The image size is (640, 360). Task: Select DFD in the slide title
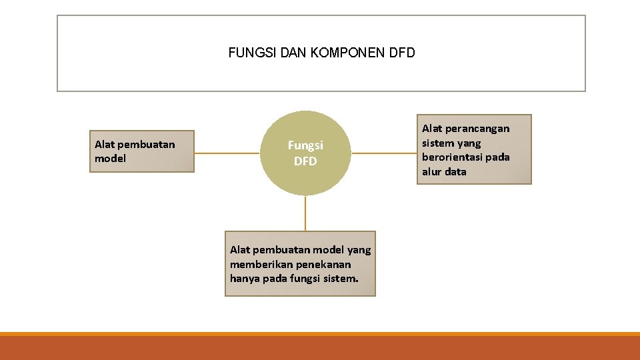coord(401,53)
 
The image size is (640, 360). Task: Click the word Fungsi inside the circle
coord(305,145)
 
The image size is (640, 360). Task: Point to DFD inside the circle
coord(305,161)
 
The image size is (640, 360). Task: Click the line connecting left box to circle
coord(227,153)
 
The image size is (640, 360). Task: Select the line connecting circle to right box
coord(384,153)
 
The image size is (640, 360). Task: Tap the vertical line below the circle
coord(305,213)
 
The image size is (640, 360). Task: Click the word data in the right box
coord(456,172)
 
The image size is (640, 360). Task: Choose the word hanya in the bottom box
coord(244,279)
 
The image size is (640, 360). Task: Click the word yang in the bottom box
coord(359,249)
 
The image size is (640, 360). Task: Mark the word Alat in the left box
coord(105,144)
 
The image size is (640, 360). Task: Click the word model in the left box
coord(110,159)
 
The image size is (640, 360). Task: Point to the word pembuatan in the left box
coord(146,144)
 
